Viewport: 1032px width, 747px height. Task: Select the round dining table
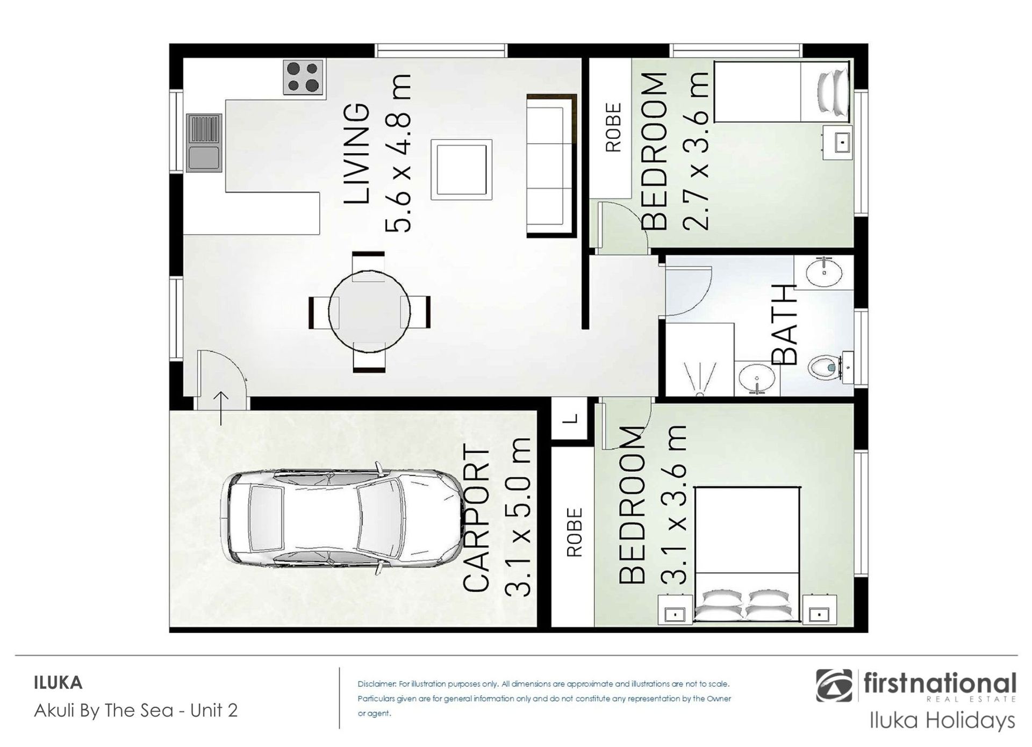tap(369, 312)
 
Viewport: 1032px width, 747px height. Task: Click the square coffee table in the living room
tap(461, 170)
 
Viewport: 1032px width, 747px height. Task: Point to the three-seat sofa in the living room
tap(551, 166)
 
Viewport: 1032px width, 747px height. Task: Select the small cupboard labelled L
tap(572, 419)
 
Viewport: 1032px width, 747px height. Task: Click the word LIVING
tap(357, 154)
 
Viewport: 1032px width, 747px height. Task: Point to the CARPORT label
tap(476, 520)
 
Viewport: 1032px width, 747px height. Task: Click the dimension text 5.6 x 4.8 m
tap(398, 153)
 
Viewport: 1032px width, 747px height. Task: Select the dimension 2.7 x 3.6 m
tap(696, 150)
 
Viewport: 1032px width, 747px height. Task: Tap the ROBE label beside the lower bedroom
tap(575, 533)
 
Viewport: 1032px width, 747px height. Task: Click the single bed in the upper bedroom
tap(783, 91)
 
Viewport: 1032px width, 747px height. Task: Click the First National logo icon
tap(834, 686)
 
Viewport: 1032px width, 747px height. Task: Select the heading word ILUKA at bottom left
tap(58, 683)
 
